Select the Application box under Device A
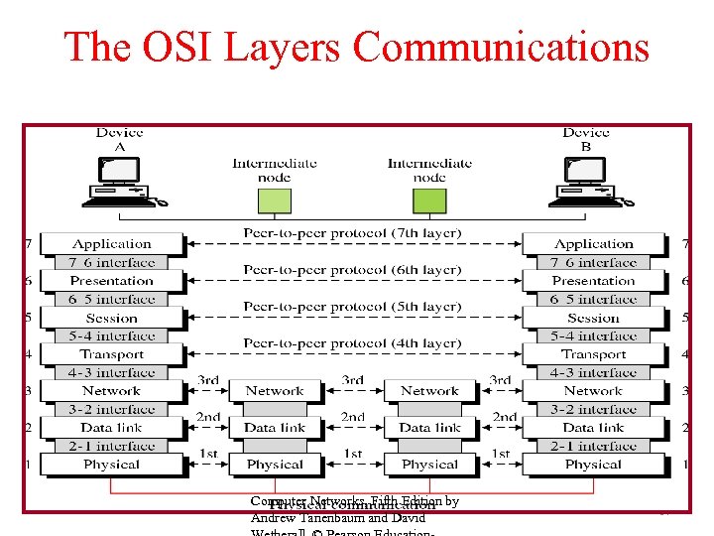click(112, 244)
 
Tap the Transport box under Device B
click(593, 354)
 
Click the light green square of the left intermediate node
click(275, 201)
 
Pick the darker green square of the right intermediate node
click(429, 201)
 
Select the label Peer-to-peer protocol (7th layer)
click(352, 233)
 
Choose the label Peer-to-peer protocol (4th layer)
click(352, 343)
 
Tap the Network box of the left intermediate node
click(275, 391)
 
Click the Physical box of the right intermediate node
click(429, 465)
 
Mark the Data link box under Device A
click(112, 428)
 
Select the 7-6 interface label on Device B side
click(593, 263)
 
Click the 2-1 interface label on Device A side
click(112, 447)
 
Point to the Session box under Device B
click(593, 318)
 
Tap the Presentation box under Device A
click(112, 281)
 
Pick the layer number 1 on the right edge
click(685, 465)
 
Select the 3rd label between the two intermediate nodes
click(352, 380)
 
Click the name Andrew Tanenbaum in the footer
click(296, 518)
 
